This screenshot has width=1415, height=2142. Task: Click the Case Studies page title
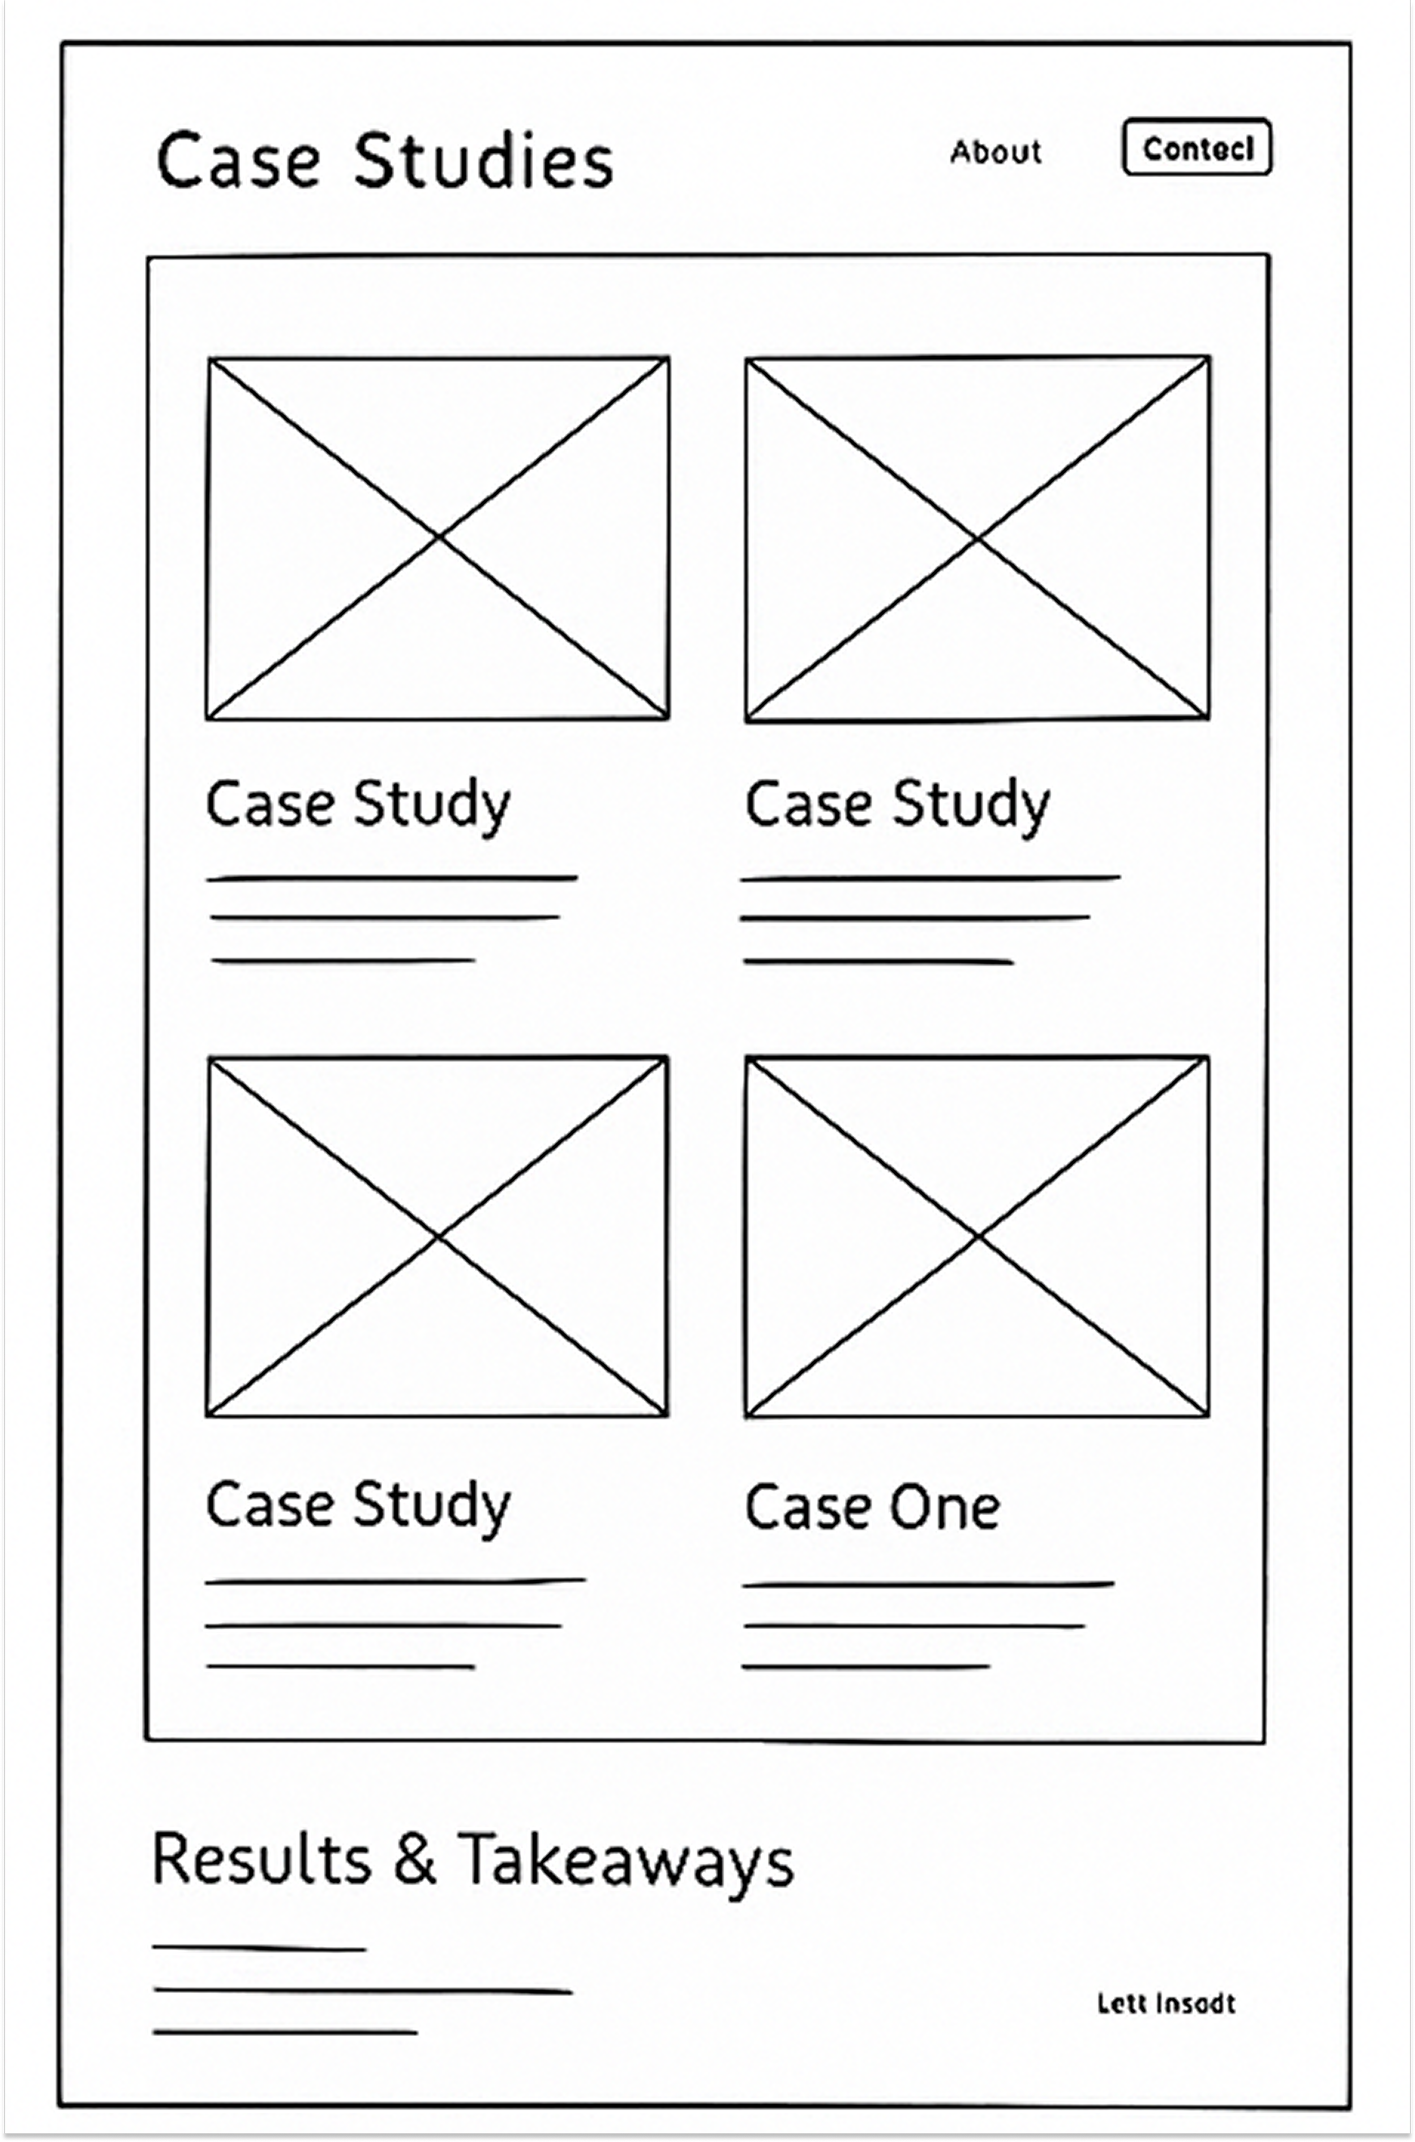(x=385, y=161)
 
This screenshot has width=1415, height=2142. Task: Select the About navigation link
(x=996, y=152)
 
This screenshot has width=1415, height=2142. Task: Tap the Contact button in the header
(x=1197, y=147)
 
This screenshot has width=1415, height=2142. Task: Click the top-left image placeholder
(x=438, y=539)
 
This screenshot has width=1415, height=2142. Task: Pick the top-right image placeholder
(x=977, y=539)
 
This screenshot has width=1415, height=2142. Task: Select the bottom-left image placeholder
(x=438, y=1236)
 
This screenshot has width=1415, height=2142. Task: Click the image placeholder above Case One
(x=977, y=1236)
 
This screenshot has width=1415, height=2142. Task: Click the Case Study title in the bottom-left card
(x=358, y=1505)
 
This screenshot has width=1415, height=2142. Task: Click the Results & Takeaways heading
(x=473, y=1858)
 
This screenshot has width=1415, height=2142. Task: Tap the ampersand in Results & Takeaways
(x=415, y=1858)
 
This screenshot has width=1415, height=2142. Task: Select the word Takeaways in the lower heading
(x=625, y=1861)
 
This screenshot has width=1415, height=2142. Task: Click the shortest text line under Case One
(x=867, y=1667)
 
